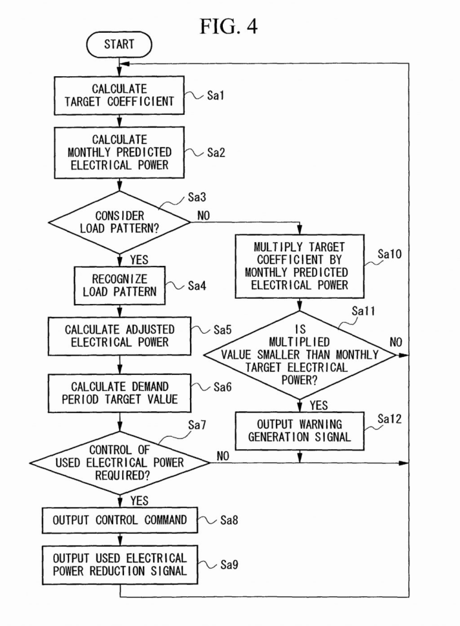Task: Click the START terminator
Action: [x=120, y=45]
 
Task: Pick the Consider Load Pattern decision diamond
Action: [x=120, y=223]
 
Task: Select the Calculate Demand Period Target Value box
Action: [x=120, y=392]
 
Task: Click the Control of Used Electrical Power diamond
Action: [x=120, y=462]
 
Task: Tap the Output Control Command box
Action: [x=120, y=520]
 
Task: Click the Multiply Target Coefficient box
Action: [x=300, y=265]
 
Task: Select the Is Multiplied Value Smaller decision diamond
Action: [x=300, y=354]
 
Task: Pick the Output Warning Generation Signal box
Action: [x=300, y=430]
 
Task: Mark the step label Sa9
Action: [x=226, y=564]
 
